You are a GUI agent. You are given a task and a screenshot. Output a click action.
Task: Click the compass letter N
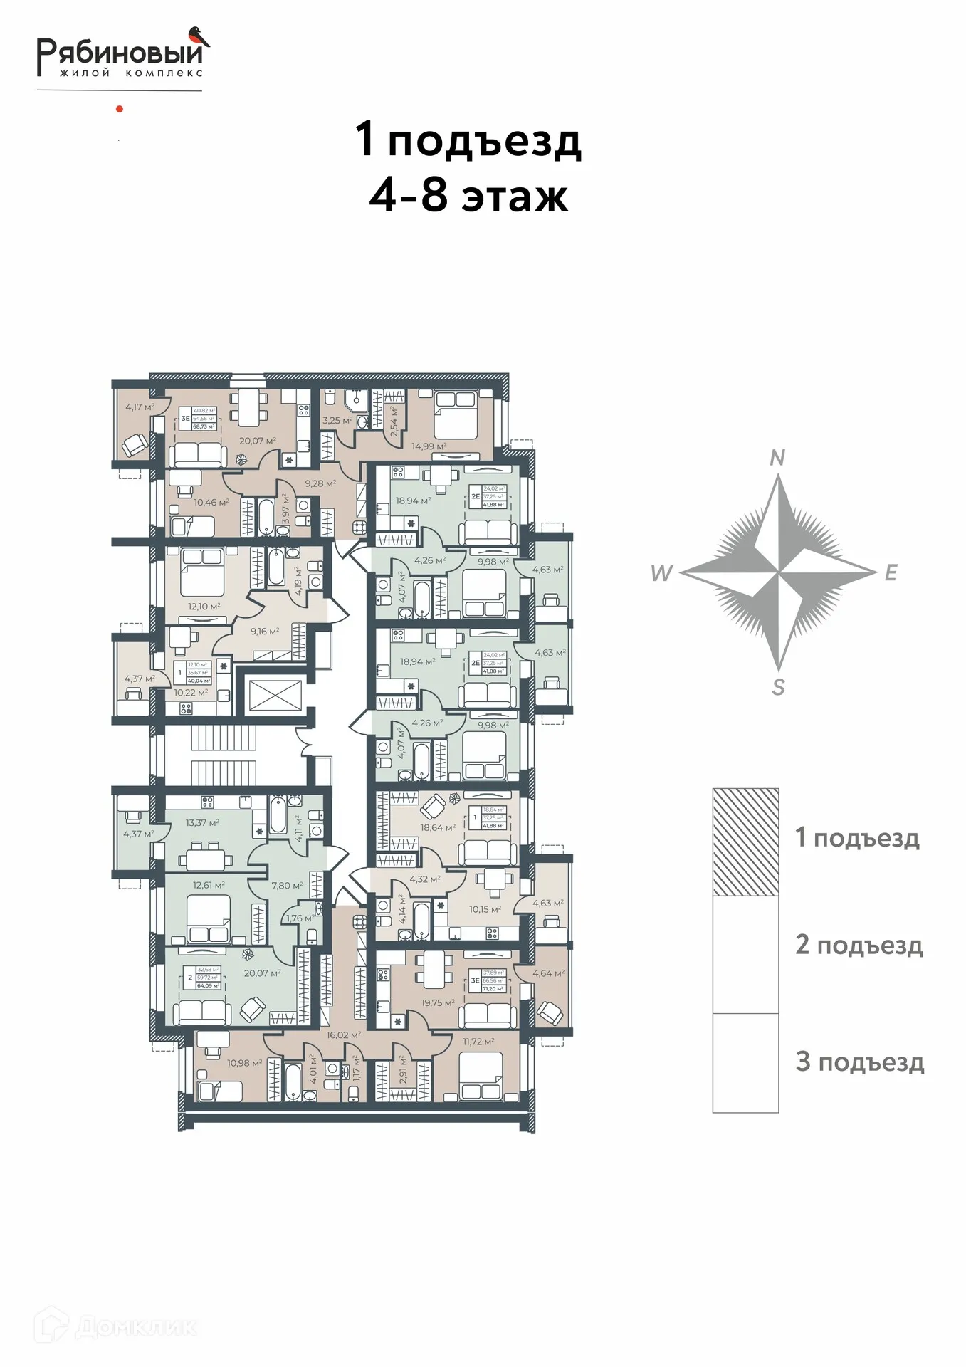(777, 458)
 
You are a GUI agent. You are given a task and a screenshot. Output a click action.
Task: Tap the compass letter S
(778, 688)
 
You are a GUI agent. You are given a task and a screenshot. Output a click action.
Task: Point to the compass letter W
(661, 573)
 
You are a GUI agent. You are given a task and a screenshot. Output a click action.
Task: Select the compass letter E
(891, 573)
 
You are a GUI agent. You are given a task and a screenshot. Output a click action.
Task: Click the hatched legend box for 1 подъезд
(745, 842)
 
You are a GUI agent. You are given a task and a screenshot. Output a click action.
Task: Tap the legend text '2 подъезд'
(859, 945)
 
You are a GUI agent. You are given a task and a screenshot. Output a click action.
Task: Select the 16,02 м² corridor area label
(343, 1035)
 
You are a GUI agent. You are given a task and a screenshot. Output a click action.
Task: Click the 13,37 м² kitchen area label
(202, 822)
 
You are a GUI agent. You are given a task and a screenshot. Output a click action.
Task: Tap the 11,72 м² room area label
(478, 1042)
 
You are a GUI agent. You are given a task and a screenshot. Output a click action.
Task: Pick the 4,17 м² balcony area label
(140, 407)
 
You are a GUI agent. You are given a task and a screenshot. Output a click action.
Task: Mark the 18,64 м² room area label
(437, 828)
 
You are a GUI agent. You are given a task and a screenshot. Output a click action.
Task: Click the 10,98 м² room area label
(244, 1063)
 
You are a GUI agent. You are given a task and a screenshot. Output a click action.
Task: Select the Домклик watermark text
(135, 1327)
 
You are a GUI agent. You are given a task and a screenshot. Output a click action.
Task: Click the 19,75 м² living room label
(437, 1003)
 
